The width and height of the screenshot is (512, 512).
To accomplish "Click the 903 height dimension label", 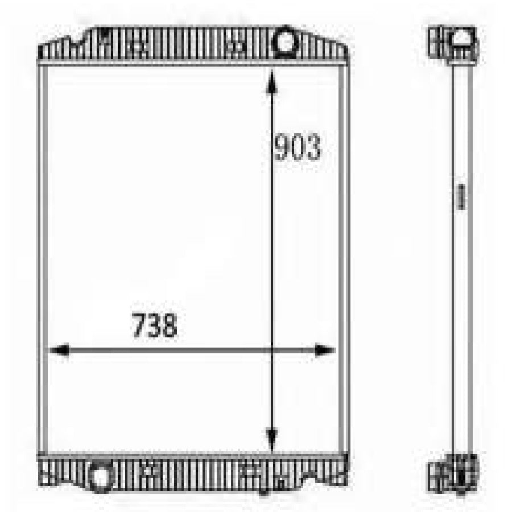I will coord(298,147).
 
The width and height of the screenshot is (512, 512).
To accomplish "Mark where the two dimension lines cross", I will coord(271,350).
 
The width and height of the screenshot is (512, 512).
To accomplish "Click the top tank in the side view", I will coord(453,44).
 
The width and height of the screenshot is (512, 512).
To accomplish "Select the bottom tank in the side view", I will coord(453,472).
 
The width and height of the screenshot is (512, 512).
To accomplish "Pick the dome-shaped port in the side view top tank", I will coord(462,40).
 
